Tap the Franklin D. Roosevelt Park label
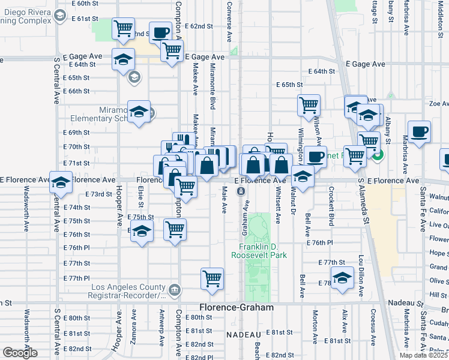tap(262, 251)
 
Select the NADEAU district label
tap(244, 334)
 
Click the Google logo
tap(20, 353)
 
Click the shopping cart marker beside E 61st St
tap(123, 28)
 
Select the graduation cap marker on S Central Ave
tap(61, 182)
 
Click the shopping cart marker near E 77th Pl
tap(212, 278)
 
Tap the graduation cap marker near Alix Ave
tap(342, 278)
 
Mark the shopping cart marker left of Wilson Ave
tap(309, 105)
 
